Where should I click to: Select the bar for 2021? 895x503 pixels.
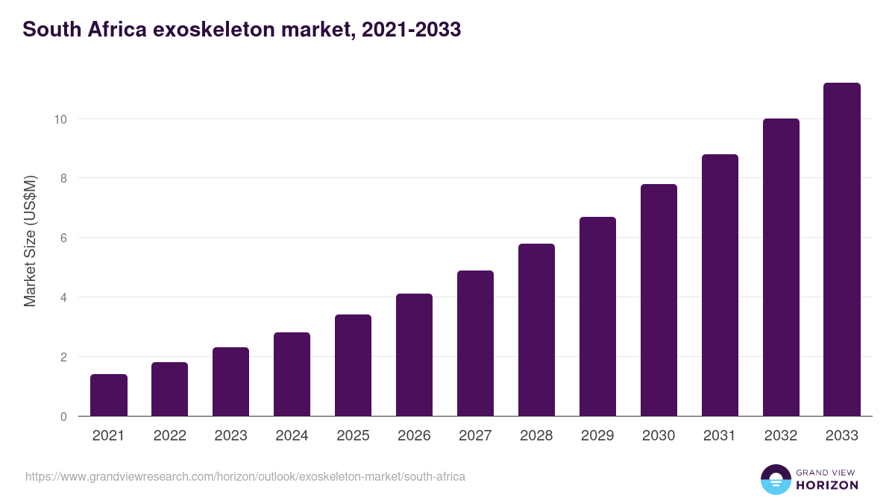tap(109, 395)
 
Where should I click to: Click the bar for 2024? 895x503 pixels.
tap(292, 374)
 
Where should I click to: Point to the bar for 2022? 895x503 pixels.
tap(169, 389)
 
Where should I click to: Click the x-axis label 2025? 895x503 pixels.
tap(353, 436)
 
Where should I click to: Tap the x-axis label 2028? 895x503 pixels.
tap(536, 436)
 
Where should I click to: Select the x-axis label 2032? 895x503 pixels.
tap(781, 436)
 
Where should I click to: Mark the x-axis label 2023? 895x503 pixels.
tap(230, 436)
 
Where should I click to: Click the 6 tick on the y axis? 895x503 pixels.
tap(63, 238)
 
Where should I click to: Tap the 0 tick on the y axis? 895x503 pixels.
tap(63, 417)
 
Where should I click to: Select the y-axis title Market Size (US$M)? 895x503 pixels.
tap(30, 241)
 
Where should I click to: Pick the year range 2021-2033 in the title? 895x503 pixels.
tap(407, 30)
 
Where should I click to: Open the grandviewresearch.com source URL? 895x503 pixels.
tap(245, 476)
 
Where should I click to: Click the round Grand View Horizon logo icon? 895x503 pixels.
tap(775, 480)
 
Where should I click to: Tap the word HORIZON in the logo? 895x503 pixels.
tap(827, 485)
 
